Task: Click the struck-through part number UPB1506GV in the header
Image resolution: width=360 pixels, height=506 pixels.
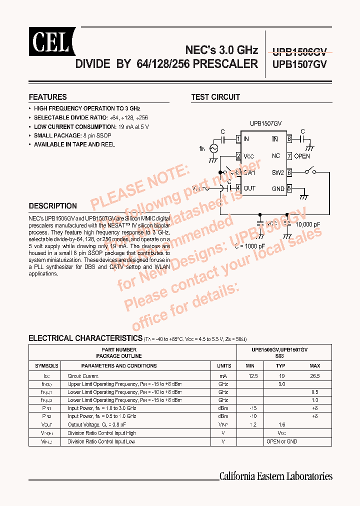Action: point(299,51)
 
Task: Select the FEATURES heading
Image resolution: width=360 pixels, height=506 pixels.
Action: point(47,97)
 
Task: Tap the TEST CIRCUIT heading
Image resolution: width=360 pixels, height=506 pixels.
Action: point(215,97)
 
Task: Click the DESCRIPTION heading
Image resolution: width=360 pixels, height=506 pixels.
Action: point(52,206)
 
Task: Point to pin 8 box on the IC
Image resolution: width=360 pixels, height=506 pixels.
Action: point(289,139)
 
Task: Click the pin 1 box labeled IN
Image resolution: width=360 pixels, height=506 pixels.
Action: point(239,139)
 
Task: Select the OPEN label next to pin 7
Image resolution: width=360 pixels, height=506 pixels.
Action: point(302,156)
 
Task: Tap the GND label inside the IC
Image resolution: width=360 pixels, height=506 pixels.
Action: point(278,188)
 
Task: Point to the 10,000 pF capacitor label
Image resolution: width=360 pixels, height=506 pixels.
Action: point(311,225)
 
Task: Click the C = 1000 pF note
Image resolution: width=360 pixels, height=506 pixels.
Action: point(250,246)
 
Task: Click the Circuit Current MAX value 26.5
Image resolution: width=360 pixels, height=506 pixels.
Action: point(314,375)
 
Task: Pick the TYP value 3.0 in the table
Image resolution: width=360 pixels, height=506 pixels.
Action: point(281,384)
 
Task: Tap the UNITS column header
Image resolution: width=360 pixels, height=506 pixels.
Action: point(223,366)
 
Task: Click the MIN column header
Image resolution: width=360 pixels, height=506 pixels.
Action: point(250,366)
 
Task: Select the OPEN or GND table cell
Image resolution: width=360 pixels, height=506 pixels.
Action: point(281,441)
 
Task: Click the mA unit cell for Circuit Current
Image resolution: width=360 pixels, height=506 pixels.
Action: point(223,375)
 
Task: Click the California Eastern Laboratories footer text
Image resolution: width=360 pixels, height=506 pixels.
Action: point(276,476)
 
